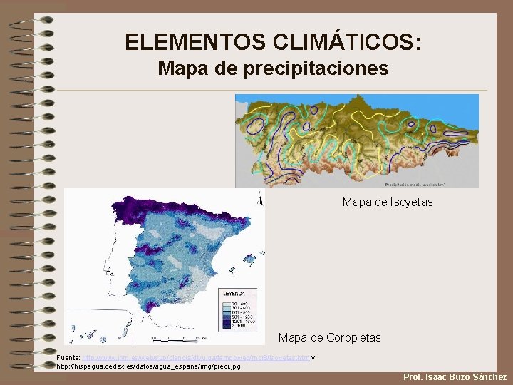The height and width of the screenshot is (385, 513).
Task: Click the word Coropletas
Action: pyautogui.click(x=349, y=337)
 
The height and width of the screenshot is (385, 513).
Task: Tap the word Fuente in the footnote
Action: pyautogui.click(x=68, y=357)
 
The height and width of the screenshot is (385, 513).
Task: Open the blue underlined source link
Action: pyautogui.click(x=196, y=357)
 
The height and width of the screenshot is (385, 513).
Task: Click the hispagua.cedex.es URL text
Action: pyautogui.click(x=148, y=366)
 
